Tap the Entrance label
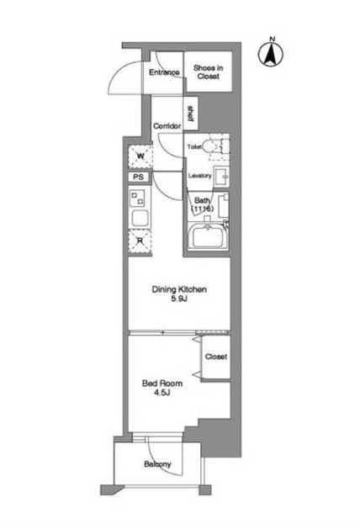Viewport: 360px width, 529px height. pyautogui.click(x=164, y=72)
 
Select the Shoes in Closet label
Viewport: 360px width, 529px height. pyautogui.click(x=208, y=72)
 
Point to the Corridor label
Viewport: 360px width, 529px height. pyautogui.click(x=168, y=126)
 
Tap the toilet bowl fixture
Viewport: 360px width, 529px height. pyautogui.click(x=218, y=146)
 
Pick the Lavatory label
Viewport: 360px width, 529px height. pyautogui.click(x=199, y=176)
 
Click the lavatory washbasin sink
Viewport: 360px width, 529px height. pyautogui.click(x=221, y=177)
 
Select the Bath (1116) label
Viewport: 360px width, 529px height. pyautogui.click(x=203, y=204)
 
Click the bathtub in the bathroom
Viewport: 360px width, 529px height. pyautogui.click(x=208, y=237)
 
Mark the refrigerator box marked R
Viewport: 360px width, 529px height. pyautogui.click(x=140, y=240)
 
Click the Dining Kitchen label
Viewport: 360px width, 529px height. pyautogui.click(x=179, y=290)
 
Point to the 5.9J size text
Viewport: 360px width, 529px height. pyautogui.click(x=179, y=300)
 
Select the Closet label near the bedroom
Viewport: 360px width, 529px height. pyautogui.click(x=215, y=357)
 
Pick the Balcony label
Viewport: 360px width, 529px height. pyautogui.click(x=157, y=464)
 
